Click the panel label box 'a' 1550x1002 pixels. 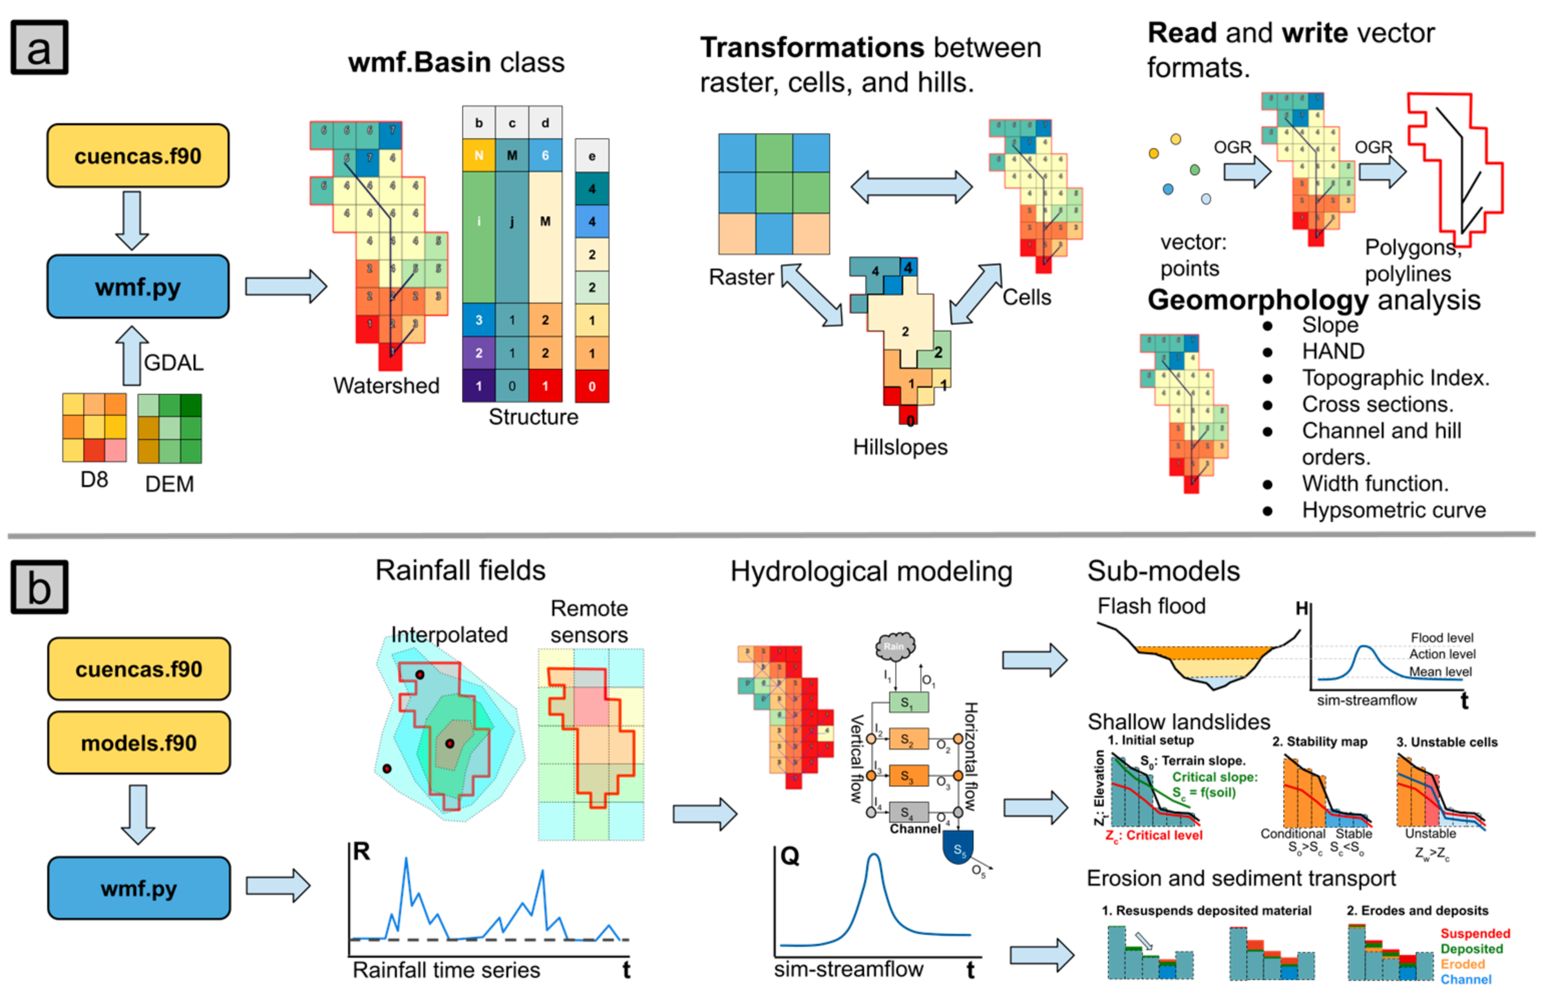pyautogui.click(x=39, y=48)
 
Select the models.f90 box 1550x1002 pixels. pyautogui.click(x=139, y=742)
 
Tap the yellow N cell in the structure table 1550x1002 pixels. pyautogui.click(x=478, y=155)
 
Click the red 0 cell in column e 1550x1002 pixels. pyautogui.click(x=591, y=386)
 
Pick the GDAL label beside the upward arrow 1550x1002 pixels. pyautogui.click(x=173, y=362)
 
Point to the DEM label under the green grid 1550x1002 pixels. pyautogui.click(x=169, y=484)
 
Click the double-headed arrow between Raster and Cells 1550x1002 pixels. pyautogui.click(x=911, y=187)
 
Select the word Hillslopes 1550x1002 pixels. pyautogui.click(x=900, y=447)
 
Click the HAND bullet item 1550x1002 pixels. pyautogui.click(x=1332, y=351)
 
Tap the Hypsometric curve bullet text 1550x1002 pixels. pyautogui.click(x=1393, y=510)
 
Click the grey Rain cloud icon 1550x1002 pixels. pyautogui.click(x=895, y=647)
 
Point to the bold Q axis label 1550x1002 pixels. pyautogui.click(x=790, y=856)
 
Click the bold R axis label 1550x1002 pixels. pyautogui.click(x=361, y=851)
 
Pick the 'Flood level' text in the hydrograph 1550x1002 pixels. pyautogui.click(x=1441, y=638)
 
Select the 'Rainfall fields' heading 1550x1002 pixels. pyautogui.click(x=460, y=571)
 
